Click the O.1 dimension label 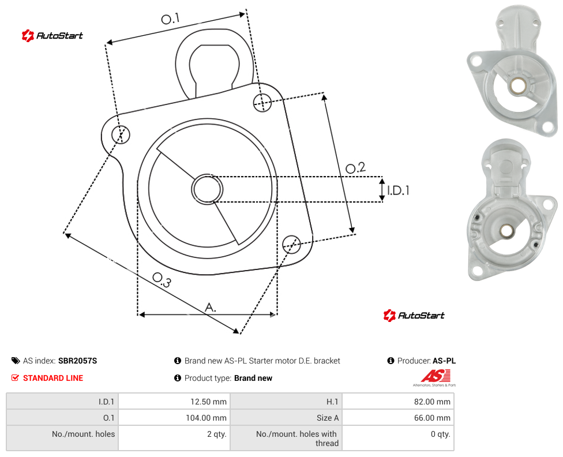click(x=170, y=18)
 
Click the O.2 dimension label click(x=355, y=168)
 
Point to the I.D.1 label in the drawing click(x=398, y=190)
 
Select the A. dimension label click(x=211, y=308)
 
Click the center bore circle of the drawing click(x=207, y=189)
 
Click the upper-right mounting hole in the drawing click(x=262, y=102)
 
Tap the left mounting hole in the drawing click(x=121, y=134)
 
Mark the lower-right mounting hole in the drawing click(x=291, y=244)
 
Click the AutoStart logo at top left click(x=52, y=36)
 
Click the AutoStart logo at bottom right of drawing click(x=414, y=316)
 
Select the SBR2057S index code click(x=77, y=361)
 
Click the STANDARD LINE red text click(x=53, y=378)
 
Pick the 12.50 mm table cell click(x=174, y=402)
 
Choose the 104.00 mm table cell click(x=174, y=418)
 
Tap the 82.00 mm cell click(x=398, y=402)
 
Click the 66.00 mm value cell click(x=398, y=418)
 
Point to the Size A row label click(x=328, y=418)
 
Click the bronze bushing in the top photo click(x=517, y=86)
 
